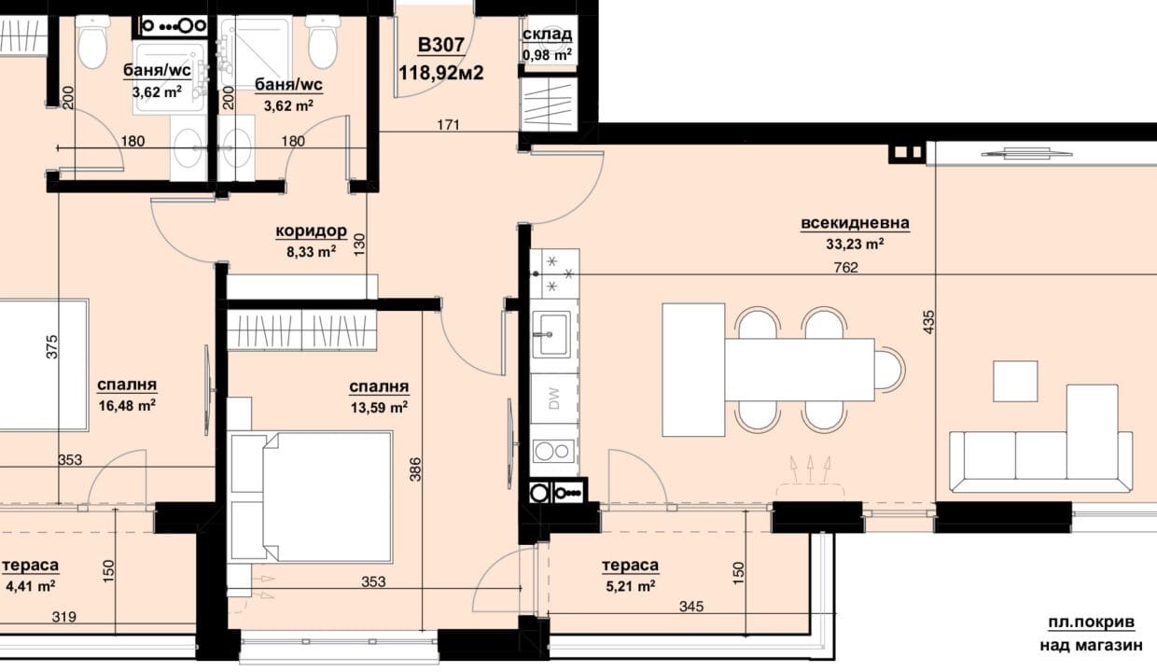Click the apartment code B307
441,46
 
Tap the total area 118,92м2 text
441,73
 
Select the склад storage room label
547,35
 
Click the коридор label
311,231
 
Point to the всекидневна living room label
855,223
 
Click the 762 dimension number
846,267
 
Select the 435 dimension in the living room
928,321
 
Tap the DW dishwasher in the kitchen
553,399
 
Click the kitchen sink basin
551,334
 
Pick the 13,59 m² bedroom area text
379,407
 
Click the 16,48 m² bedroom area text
127,405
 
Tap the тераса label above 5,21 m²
630,566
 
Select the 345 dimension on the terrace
691,607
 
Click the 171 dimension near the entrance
448,125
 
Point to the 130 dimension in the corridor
359,245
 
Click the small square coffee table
1015,381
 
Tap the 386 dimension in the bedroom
415,469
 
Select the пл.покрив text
1092,623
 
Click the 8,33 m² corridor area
312,252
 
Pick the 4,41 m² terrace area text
31,586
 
